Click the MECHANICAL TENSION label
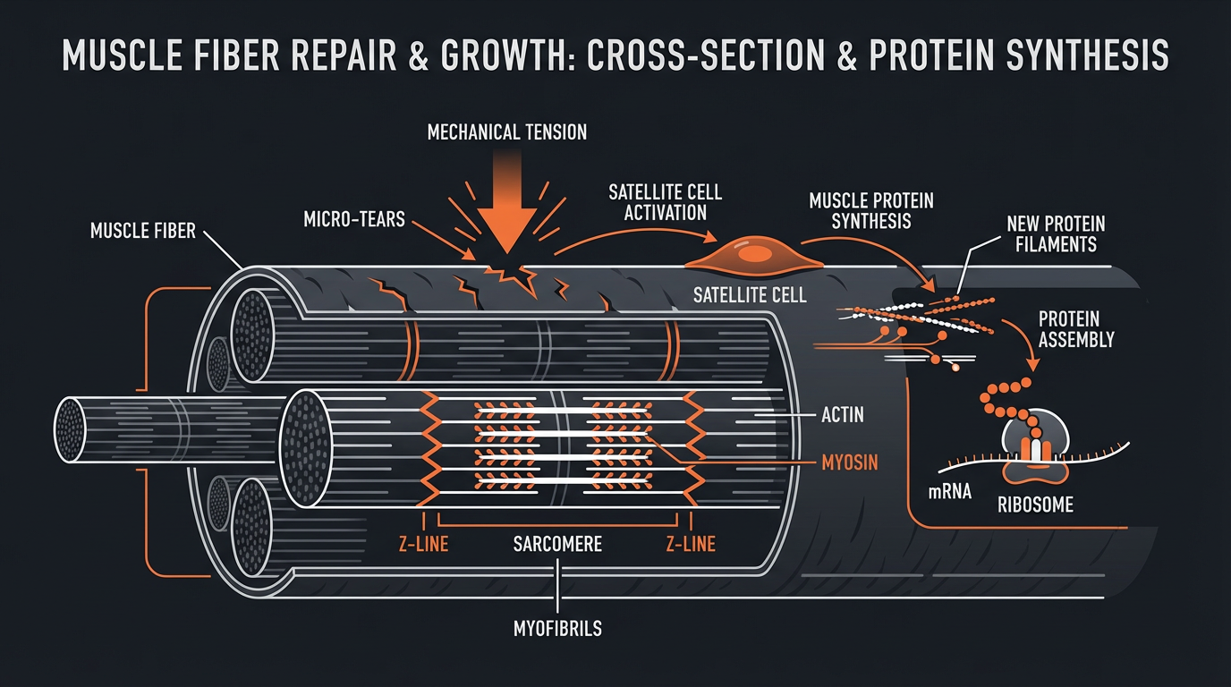coord(507,132)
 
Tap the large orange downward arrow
coord(507,201)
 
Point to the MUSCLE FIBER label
coord(143,232)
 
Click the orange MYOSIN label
coord(849,462)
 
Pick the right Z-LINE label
coord(691,543)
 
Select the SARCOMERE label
coord(557,543)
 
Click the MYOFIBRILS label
coord(557,628)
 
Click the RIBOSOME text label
coord(1035,505)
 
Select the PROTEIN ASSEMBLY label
coord(1076,329)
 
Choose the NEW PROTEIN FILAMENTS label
coord(1056,233)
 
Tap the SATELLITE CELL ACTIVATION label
coord(665,203)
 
